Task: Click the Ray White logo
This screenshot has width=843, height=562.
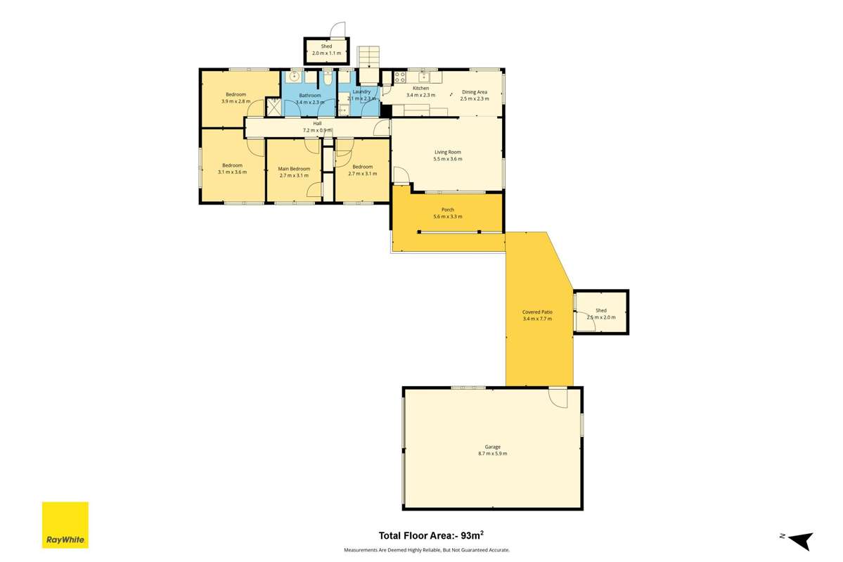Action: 65,525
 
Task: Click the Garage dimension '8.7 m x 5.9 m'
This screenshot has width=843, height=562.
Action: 492,454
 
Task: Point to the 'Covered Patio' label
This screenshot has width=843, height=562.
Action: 537,312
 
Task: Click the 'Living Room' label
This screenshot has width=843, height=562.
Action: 447,152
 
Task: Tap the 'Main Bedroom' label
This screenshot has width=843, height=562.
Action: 294,169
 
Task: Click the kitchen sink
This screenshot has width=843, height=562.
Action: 425,77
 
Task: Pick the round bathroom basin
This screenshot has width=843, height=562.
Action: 295,77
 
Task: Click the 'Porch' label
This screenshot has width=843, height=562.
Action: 447,210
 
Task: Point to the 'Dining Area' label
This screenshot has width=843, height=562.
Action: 474,92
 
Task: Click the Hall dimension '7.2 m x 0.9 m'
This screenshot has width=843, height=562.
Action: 317,130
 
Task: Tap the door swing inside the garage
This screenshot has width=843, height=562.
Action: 558,397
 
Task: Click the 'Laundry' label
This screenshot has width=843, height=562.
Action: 361,91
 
